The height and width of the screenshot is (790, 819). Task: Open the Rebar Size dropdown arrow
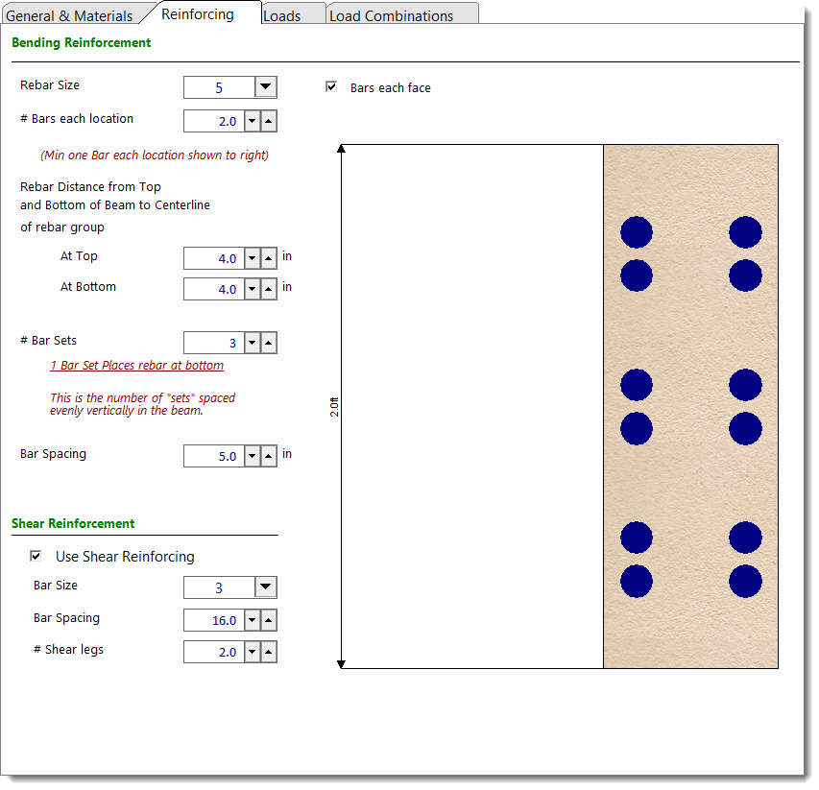(x=265, y=87)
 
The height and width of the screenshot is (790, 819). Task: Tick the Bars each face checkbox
(x=331, y=86)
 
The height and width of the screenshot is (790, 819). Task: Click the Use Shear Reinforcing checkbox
(x=36, y=556)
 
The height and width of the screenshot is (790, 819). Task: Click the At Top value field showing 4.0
(x=214, y=258)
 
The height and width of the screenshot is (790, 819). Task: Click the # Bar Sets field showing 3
(x=214, y=343)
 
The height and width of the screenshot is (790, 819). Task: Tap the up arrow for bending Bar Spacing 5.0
(x=269, y=456)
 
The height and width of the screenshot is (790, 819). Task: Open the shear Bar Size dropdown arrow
(x=265, y=587)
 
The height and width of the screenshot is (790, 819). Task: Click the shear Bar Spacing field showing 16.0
(x=214, y=620)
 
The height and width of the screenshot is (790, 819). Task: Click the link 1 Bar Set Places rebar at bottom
(x=137, y=366)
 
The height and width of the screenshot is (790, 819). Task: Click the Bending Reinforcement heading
(x=81, y=43)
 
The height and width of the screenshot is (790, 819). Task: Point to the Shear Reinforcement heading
(x=73, y=524)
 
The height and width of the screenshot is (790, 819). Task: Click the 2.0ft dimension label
(x=334, y=407)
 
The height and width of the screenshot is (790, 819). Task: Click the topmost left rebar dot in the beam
(x=637, y=232)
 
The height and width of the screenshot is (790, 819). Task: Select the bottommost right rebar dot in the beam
(x=745, y=581)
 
